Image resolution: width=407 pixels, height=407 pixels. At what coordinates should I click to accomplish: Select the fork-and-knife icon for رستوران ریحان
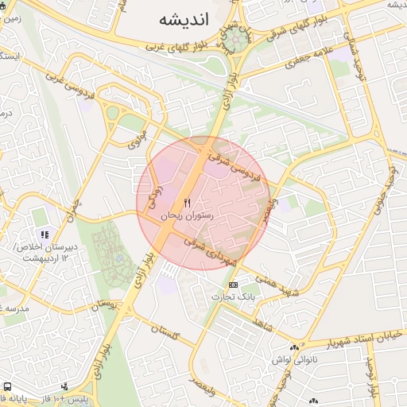[188, 203]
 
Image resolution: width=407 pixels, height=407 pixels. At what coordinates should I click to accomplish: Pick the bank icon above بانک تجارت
[233, 285]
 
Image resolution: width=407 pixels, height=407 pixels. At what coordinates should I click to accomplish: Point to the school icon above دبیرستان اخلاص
[45, 235]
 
